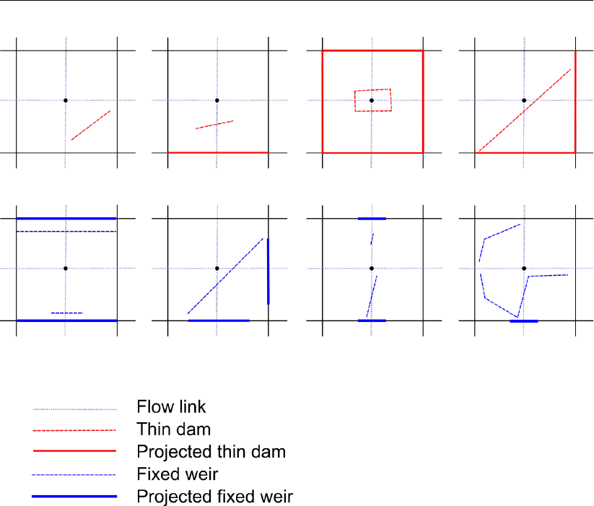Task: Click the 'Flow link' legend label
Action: pos(176,408)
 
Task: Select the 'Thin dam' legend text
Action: pos(173,429)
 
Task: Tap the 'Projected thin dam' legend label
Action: pos(211,452)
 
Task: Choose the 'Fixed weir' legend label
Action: pos(178,474)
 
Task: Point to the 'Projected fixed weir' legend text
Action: pos(214,497)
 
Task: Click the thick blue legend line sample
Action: pos(74,497)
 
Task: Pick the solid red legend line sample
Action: pos(74,452)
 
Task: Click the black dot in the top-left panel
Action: pos(66,100)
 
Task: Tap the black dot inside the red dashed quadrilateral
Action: pos(372,100)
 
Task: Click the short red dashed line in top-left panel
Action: pos(90,126)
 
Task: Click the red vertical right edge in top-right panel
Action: pos(575,101)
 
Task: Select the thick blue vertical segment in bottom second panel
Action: pos(268,271)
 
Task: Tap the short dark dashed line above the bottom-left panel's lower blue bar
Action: pos(66,313)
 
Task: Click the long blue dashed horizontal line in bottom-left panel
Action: pos(66,232)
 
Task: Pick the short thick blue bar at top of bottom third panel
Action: pos(372,218)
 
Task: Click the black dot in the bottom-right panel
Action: pos(524,269)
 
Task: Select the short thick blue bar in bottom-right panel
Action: pos(523,320)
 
